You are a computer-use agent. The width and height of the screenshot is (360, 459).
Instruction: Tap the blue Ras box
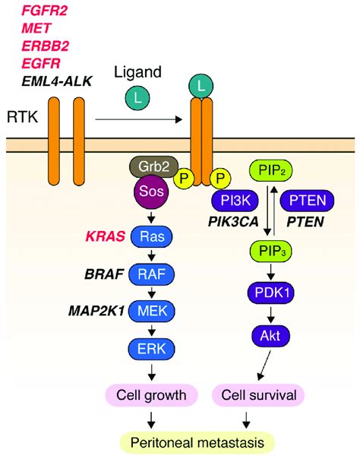(x=155, y=236)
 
